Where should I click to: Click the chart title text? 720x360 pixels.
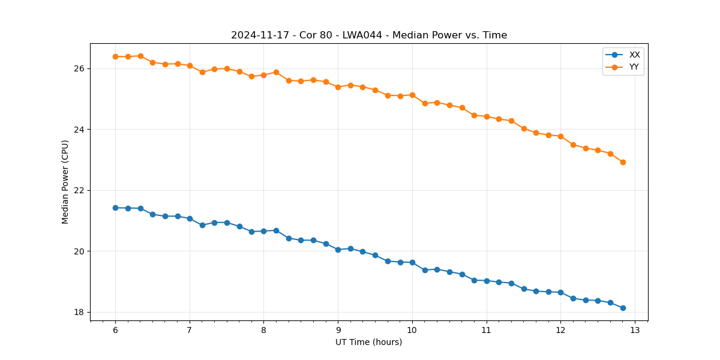(x=369, y=35)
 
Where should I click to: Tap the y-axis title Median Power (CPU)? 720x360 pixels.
(x=65, y=182)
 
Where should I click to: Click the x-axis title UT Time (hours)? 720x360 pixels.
(x=368, y=342)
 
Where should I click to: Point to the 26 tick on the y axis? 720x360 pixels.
(x=80, y=68)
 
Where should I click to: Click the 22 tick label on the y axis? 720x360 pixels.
(x=80, y=190)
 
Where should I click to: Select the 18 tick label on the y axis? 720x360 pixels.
(x=80, y=312)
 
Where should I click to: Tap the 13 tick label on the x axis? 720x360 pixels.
(x=635, y=330)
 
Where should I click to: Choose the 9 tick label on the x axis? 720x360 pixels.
(x=338, y=330)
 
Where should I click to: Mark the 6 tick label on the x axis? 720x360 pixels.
(x=115, y=330)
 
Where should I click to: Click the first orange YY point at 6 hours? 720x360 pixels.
(x=115, y=56)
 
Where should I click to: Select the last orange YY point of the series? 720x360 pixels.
(x=623, y=162)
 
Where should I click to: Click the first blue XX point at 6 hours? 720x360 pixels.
(x=115, y=208)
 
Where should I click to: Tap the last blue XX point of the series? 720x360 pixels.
(x=623, y=308)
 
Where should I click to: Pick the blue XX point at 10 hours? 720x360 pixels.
(x=412, y=262)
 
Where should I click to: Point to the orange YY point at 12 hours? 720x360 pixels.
(x=560, y=136)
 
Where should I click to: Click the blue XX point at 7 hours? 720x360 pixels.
(x=190, y=218)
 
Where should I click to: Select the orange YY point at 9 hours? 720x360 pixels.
(x=338, y=87)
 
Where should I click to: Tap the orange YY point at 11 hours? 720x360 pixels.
(x=487, y=116)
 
